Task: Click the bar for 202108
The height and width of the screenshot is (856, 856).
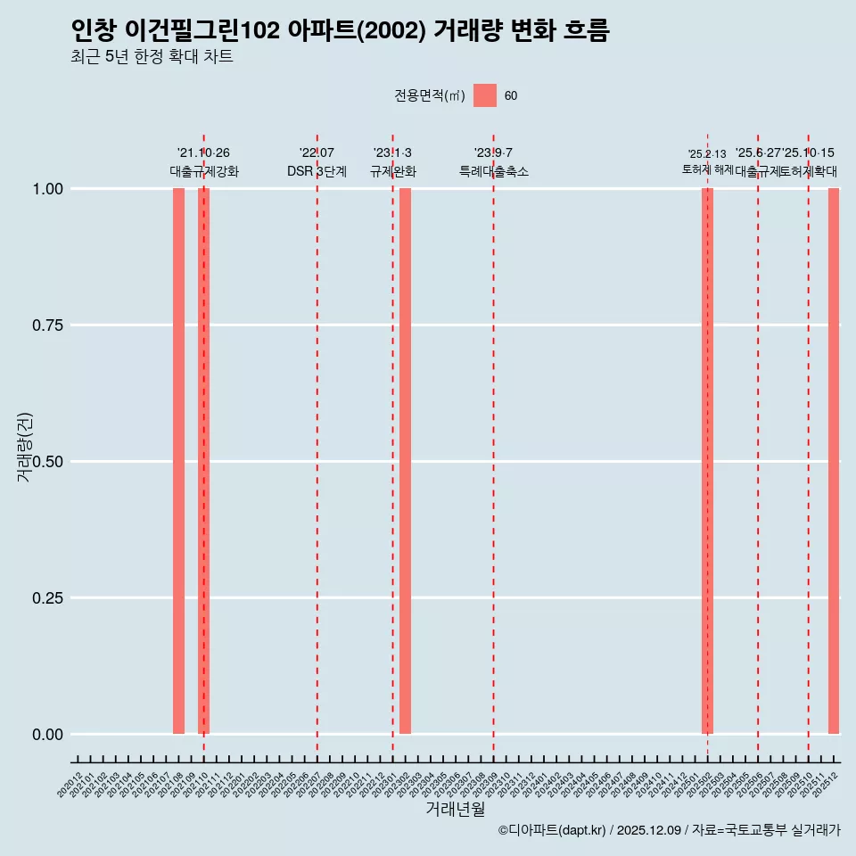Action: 178,461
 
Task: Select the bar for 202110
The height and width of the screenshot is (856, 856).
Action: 203,461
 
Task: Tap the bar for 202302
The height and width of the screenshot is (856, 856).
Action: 405,461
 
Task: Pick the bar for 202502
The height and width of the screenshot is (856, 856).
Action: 707,461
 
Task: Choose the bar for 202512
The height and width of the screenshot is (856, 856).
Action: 834,461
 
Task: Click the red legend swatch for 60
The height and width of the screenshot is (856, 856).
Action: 485,95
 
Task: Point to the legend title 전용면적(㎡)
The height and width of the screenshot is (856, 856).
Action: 429,96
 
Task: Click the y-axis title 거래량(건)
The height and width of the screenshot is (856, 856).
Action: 25,447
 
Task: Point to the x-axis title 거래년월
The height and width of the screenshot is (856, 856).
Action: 456,809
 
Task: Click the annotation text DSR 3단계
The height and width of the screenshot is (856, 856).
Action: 317,171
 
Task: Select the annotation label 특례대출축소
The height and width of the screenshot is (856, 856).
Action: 493,171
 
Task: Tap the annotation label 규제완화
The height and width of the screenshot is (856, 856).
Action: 392,171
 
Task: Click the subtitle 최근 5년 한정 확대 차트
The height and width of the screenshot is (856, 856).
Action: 152,57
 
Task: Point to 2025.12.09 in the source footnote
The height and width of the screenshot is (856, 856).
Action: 649,831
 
